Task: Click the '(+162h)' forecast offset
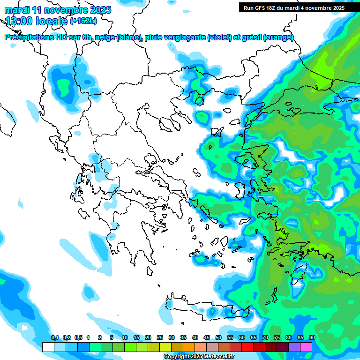[x=83, y=21]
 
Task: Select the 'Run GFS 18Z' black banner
[x=293, y=7]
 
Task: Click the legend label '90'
[x=312, y=337]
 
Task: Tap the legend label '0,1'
[x=54, y=337]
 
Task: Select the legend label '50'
[x=218, y=337]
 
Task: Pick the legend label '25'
[x=160, y=337]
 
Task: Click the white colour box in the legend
[x=48, y=347]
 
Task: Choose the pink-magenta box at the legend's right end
[x=306, y=347]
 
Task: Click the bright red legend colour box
[x=247, y=347]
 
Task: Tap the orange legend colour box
[x=189, y=347]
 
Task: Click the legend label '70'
[x=265, y=337]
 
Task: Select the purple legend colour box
[x=294, y=347]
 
